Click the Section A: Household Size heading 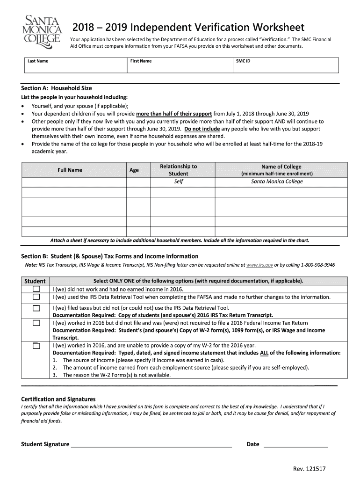pyautogui.click(x=57, y=88)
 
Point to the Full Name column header pyautogui.click(x=70, y=170)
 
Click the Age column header pyautogui.click(x=134, y=170)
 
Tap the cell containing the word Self pyautogui.click(x=178, y=181)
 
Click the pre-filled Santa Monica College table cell pyautogui.click(x=277, y=181)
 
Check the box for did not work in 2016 pyautogui.click(x=36, y=289)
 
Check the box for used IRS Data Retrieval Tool pyautogui.click(x=36, y=297)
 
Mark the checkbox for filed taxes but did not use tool pyautogui.click(x=36, y=308)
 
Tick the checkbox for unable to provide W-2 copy pyautogui.click(x=36, y=346)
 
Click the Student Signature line pyautogui.click(x=151, y=444)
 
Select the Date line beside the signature pyautogui.click(x=296, y=444)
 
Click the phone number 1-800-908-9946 pyautogui.click(x=311, y=265)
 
